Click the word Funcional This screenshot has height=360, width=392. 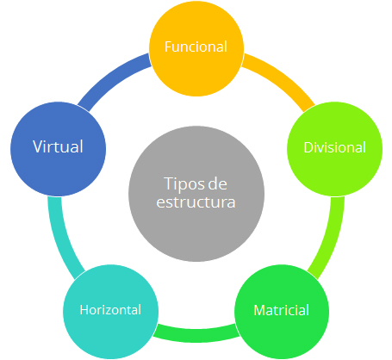[196, 47]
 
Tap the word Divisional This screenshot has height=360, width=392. [335, 147]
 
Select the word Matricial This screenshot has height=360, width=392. [282, 310]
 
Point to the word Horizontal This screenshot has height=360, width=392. [110, 310]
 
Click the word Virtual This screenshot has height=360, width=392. [58, 146]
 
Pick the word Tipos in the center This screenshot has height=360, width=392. [184, 185]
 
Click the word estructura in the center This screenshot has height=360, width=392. [196, 202]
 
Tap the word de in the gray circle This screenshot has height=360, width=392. [217, 183]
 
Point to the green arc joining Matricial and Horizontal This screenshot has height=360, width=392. [196, 335]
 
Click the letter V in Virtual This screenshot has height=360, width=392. [38, 146]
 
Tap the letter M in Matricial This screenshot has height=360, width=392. [259, 310]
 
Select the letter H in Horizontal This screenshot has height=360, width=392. [84, 310]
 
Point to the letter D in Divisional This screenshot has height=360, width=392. [308, 147]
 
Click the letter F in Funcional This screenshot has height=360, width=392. [168, 47]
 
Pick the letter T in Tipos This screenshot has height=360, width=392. [169, 183]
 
